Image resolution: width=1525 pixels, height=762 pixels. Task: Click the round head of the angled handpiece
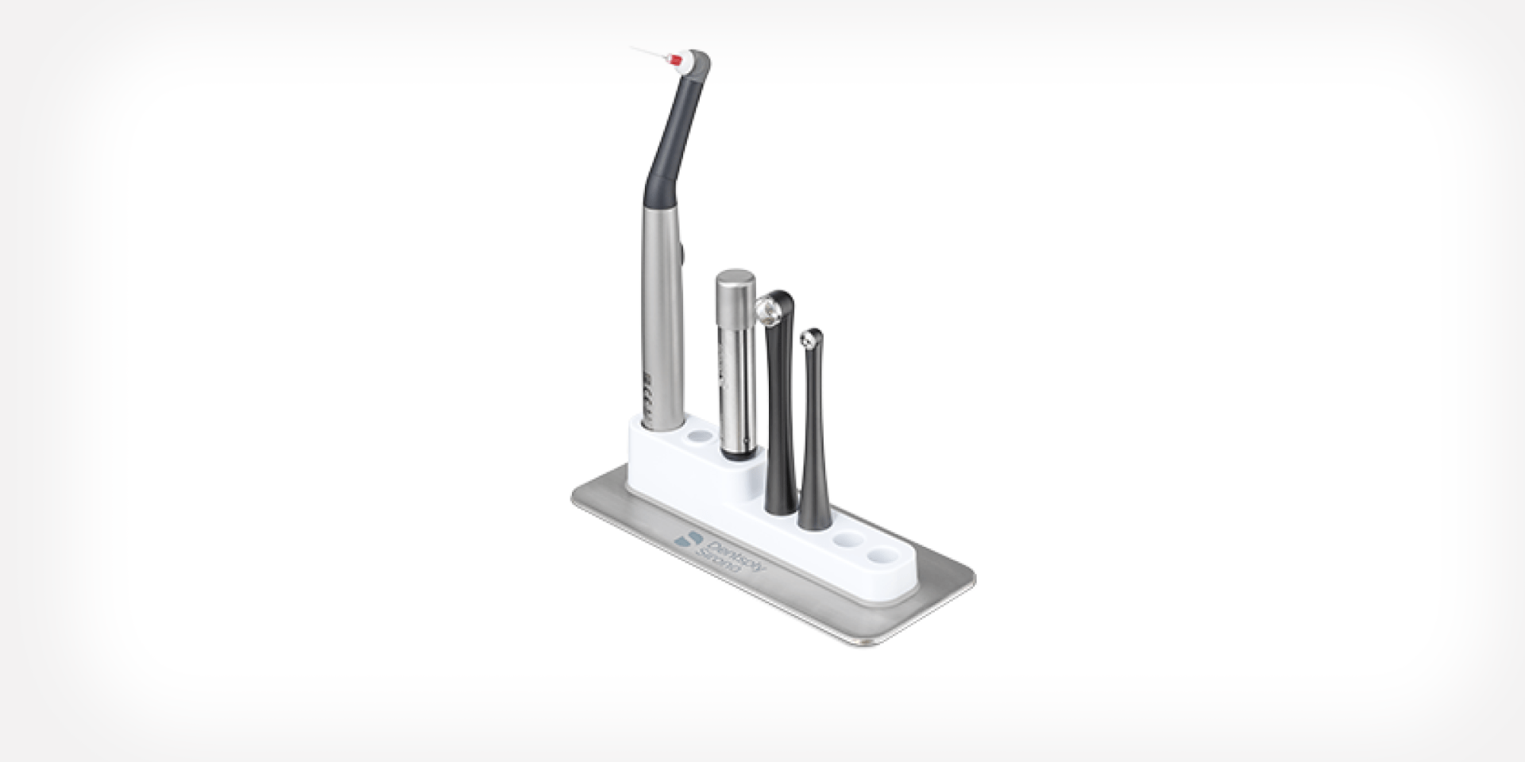[697, 62]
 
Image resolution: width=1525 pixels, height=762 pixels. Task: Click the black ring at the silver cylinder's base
[736, 455]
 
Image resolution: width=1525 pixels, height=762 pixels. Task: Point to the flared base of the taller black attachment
[779, 492]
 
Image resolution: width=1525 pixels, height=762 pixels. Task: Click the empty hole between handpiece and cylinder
[700, 437]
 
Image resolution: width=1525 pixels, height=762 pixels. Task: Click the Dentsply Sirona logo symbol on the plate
[684, 539]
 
